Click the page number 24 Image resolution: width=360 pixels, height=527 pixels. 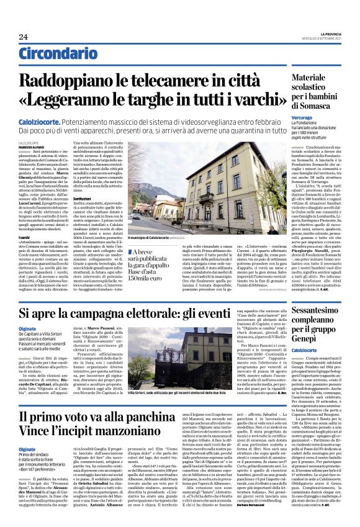[x=22, y=37]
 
